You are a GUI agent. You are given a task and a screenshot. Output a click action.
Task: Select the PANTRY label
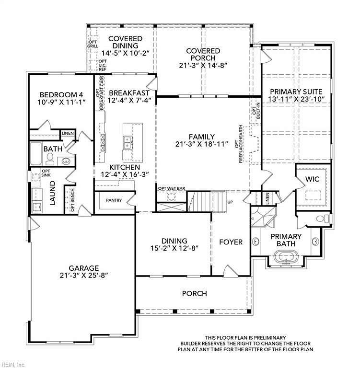tap(114, 200)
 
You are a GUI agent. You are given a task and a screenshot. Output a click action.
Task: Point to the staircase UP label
tap(230, 202)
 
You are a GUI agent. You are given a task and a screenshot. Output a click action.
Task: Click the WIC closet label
tap(313, 179)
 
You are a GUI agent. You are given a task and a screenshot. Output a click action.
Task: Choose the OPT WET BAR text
tap(172, 188)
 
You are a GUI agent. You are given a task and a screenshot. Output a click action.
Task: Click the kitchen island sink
tap(128, 141)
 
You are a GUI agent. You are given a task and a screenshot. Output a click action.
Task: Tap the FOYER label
tap(231, 242)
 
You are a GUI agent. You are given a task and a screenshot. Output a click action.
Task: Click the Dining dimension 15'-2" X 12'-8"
tap(174, 248)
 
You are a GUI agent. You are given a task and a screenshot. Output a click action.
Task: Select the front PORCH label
tap(195, 293)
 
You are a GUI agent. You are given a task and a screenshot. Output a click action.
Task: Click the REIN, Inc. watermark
tap(13, 364)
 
